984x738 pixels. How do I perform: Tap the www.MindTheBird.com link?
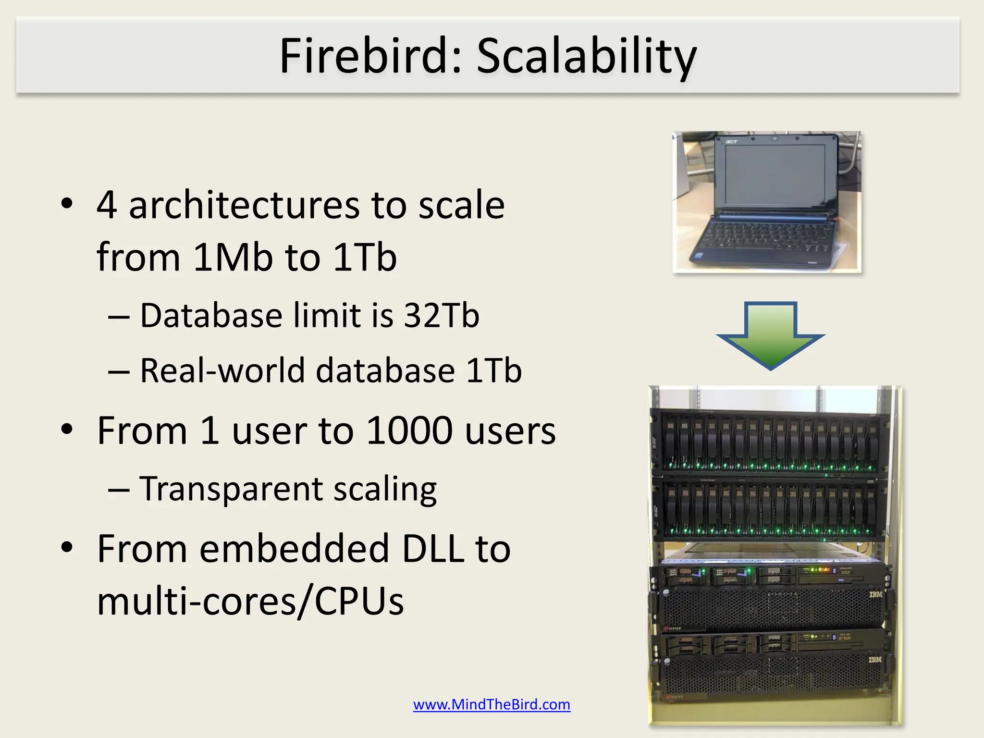click(492, 704)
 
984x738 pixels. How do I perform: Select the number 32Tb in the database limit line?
click(441, 316)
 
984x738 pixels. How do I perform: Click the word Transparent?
click(230, 489)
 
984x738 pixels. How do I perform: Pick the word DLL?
click(432, 549)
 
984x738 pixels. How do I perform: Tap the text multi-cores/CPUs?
click(250, 601)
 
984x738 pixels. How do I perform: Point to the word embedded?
click(294, 549)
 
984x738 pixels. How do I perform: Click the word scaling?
click(385, 490)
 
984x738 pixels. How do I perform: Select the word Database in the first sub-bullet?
click(211, 316)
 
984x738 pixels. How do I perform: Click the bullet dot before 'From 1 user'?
click(67, 429)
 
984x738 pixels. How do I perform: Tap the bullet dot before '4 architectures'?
click(67, 204)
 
